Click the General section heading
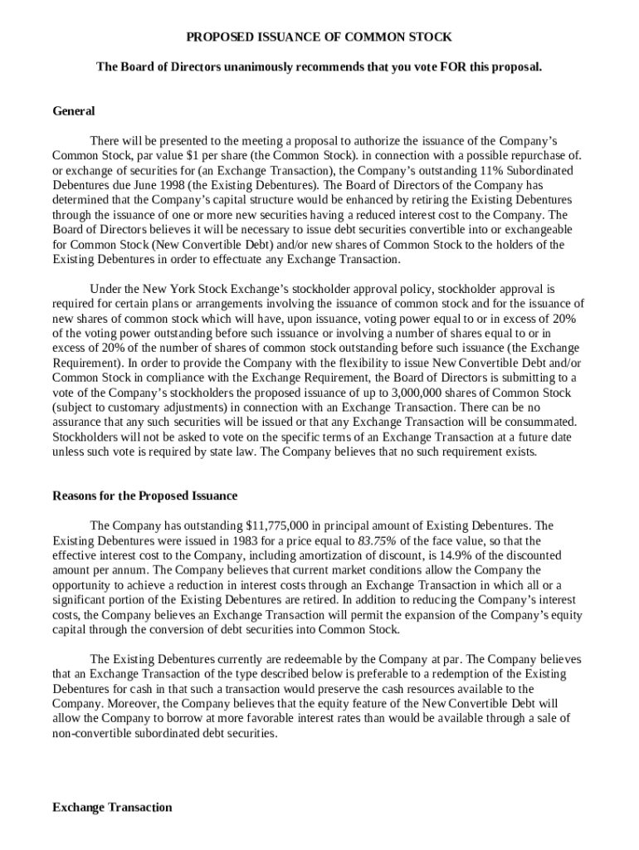[x=74, y=111]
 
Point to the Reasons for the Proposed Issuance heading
[x=144, y=496]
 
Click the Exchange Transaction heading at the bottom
[x=112, y=807]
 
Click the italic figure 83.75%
[x=375, y=540]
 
